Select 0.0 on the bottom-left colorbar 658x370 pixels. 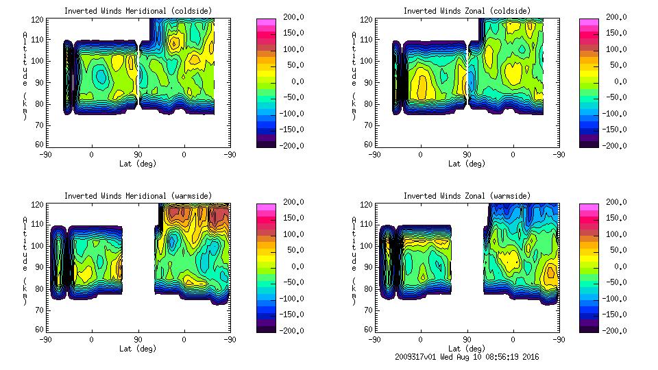292,267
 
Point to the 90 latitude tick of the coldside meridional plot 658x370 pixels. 138,154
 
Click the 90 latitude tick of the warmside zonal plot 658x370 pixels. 467,339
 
